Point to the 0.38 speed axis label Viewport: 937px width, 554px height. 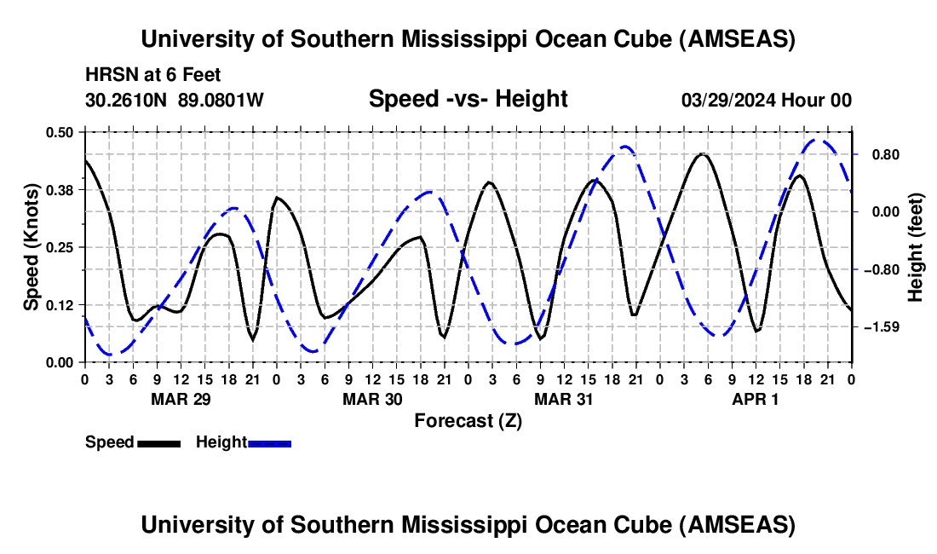(59, 190)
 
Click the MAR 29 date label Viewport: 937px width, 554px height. (181, 399)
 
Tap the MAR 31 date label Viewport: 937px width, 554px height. (564, 399)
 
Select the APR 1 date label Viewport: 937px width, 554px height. (756, 399)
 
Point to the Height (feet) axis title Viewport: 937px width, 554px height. (916, 247)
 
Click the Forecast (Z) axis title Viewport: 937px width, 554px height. (468, 421)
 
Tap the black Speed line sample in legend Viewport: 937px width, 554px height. (159, 443)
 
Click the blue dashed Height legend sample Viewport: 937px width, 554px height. (269, 443)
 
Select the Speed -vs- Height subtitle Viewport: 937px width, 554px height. (468, 99)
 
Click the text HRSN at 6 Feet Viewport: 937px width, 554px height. (153, 75)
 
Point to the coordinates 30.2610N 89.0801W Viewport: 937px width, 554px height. (175, 100)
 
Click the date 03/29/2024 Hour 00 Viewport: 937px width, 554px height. (767, 100)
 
